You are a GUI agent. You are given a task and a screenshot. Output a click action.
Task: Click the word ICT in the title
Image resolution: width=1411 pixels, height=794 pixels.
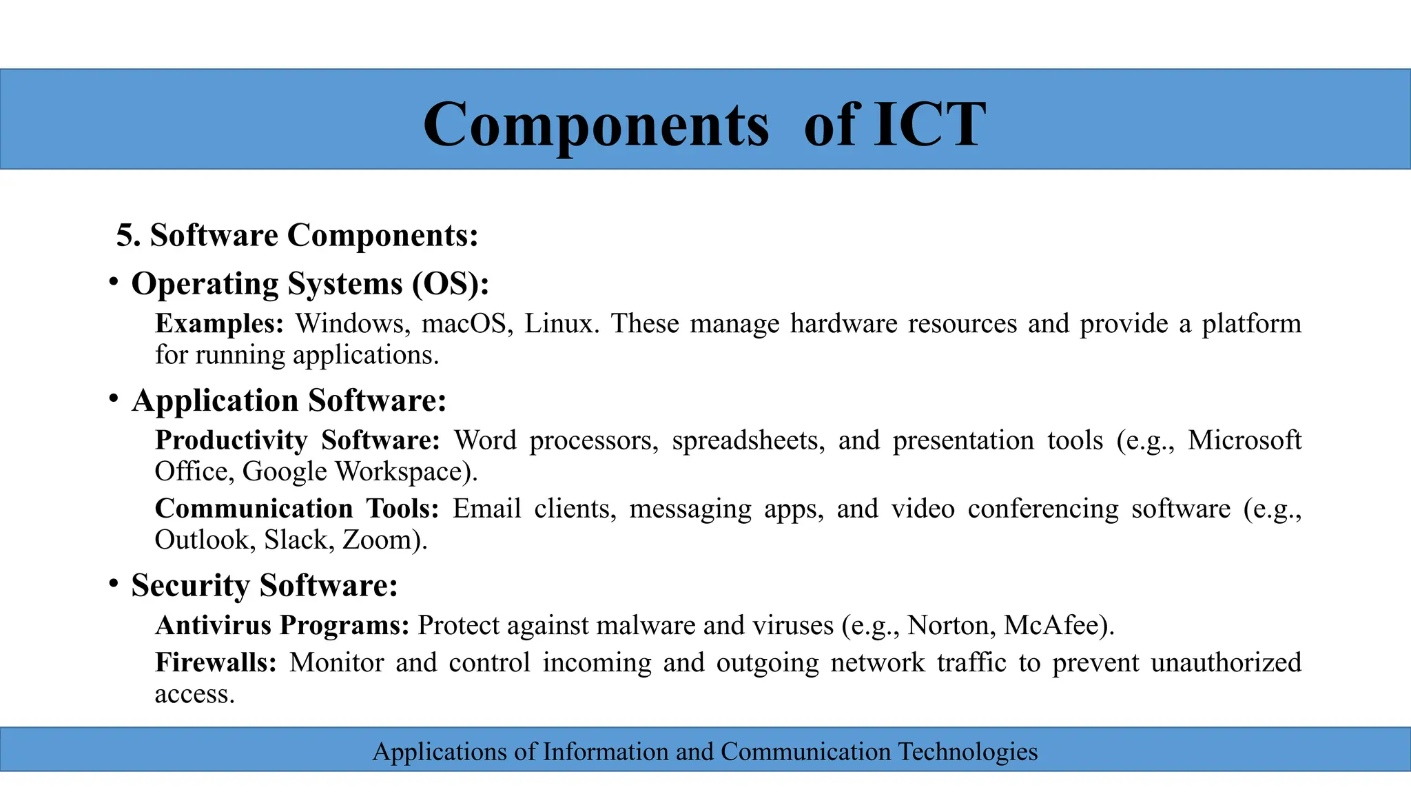click(x=929, y=124)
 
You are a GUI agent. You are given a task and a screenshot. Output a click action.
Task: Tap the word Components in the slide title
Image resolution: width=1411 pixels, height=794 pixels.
click(x=595, y=125)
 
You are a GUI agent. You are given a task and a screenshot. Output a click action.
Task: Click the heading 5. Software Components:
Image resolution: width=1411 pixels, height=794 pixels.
click(x=297, y=236)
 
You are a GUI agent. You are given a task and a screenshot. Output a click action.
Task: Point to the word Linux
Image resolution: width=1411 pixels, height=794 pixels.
click(x=557, y=324)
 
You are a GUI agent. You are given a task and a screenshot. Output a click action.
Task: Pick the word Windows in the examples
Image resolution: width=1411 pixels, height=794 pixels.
click(x=349, y=324)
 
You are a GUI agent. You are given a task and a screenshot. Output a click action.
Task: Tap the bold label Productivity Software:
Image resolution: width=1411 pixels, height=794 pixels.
click(x=297, y=440)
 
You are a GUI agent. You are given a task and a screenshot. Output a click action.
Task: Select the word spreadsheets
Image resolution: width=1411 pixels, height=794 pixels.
click(x=748, y=440)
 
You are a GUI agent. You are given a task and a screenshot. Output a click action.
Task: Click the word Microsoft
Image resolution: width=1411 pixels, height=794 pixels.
click(x=1244, y=440)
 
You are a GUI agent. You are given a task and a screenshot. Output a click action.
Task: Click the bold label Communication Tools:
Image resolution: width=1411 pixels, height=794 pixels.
click(x=296, y=509)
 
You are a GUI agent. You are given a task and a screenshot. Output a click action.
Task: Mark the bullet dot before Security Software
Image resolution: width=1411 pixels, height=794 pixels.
click(x=114, y=583)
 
